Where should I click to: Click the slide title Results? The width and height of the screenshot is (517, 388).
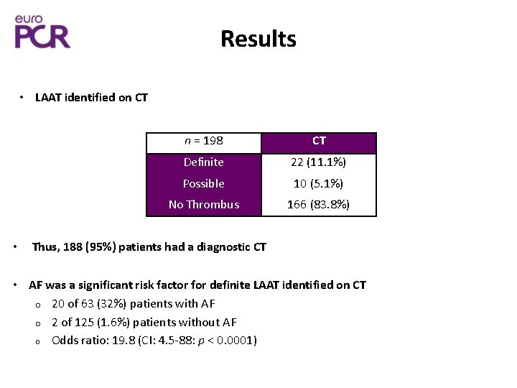pos(258,38)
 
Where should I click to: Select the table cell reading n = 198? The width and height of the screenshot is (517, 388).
pos(204,141)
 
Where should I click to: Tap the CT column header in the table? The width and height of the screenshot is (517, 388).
pos(319,141)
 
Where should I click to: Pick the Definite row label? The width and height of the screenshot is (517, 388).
pos(204,162)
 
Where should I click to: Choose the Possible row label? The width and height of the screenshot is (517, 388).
pos(204,183)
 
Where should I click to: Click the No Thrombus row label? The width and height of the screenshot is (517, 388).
pos(204,205)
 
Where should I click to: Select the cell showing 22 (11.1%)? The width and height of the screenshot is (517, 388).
pos(319,162)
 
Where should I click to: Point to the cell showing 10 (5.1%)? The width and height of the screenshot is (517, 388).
pos(319,183)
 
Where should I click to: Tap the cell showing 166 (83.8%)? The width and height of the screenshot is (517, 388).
pos(319,205)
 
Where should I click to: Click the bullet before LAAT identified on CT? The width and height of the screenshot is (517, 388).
pos(22,97)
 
